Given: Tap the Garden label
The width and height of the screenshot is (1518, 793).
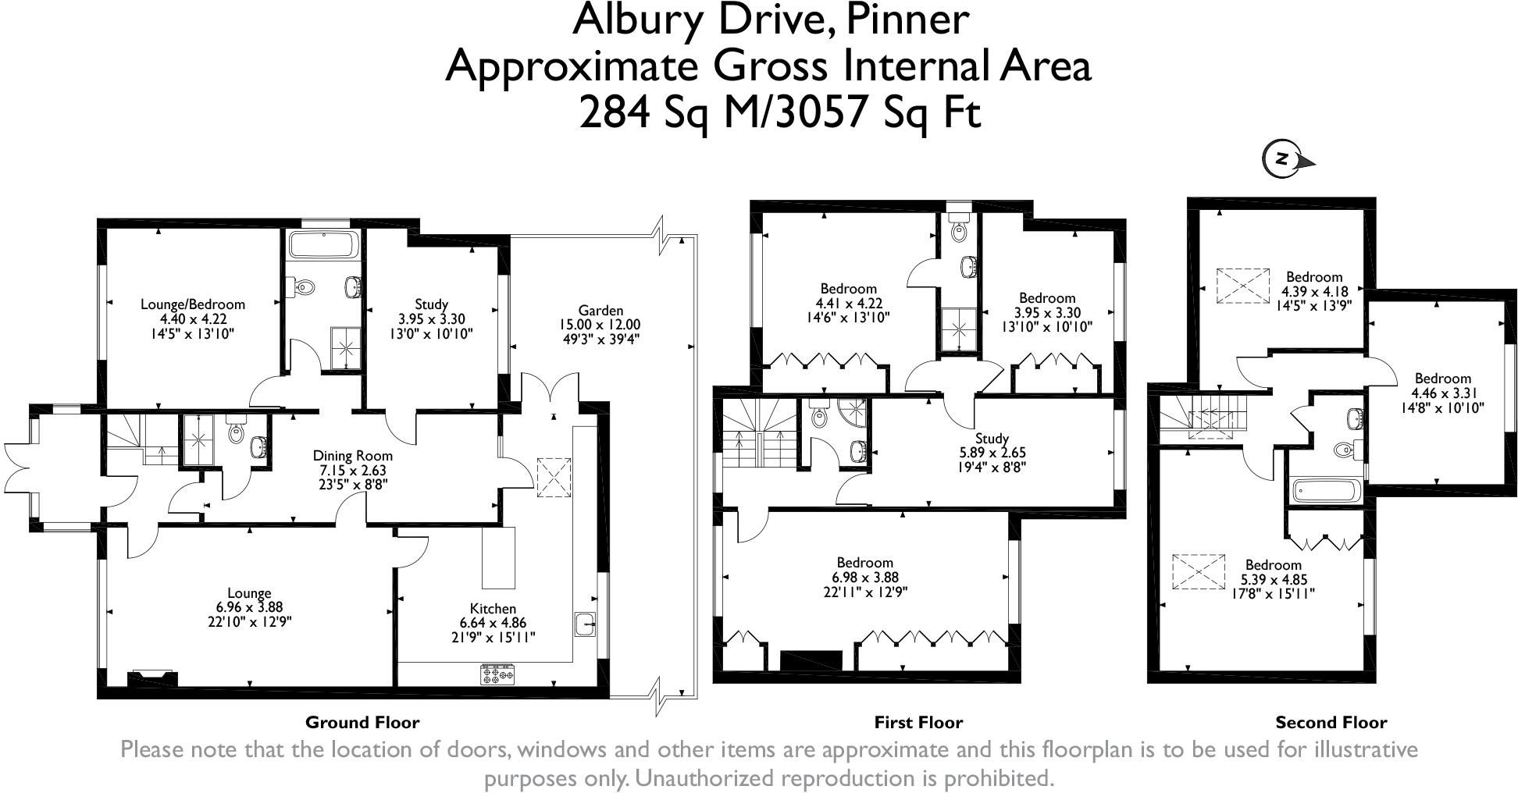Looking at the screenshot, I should [x=600, y=310].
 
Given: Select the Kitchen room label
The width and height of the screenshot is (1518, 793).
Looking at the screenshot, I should [x=493, y=609].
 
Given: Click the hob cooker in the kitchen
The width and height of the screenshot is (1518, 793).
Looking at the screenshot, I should [x=497, y=674].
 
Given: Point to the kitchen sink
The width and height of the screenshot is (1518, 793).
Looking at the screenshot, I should [x=584, y=624].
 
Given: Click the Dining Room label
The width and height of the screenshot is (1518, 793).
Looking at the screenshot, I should [x=352, y=456].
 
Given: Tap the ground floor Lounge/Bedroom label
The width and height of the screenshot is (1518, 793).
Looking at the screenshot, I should [x=192, y=304].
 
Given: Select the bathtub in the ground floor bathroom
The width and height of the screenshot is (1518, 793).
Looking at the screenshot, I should [x=323, y=244].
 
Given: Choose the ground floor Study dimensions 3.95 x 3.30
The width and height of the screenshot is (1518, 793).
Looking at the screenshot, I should [x=431, y=318].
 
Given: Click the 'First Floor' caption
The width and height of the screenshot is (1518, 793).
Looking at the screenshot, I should [x=918, y=723].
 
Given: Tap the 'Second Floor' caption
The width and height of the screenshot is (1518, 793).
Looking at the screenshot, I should [x=1331, y=723].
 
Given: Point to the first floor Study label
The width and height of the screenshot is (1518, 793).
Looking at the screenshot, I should [x=992, y=438].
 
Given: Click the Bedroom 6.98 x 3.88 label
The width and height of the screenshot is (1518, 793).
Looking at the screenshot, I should [x=864, y=563].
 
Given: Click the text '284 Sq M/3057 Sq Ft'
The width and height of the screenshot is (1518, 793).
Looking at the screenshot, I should [x=779, y=112].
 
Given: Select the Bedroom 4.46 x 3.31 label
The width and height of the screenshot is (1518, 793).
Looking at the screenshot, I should [x=1442, y=379].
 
